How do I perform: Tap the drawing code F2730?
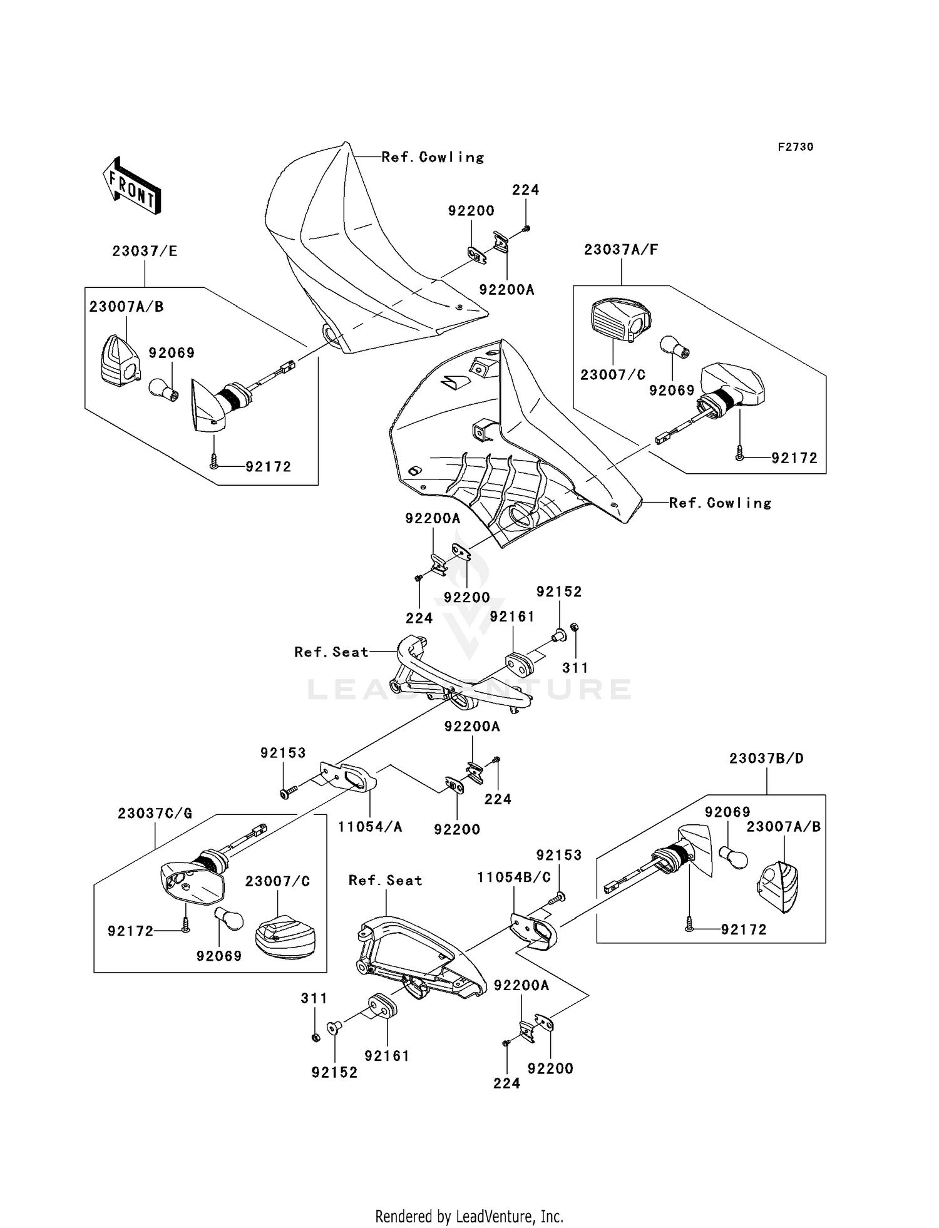795,147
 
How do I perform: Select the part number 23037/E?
145,252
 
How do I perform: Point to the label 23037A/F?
621,250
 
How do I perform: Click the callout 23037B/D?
766,759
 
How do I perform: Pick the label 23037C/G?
155,814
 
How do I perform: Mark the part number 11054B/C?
513,878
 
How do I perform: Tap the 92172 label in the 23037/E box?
269,467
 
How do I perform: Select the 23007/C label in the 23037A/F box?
612,375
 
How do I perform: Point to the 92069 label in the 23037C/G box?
218,956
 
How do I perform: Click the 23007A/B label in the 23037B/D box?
783,827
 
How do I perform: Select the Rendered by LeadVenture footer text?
469,1216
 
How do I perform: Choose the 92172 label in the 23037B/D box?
744,930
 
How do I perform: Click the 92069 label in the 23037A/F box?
672,391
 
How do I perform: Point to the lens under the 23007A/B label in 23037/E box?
120,361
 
